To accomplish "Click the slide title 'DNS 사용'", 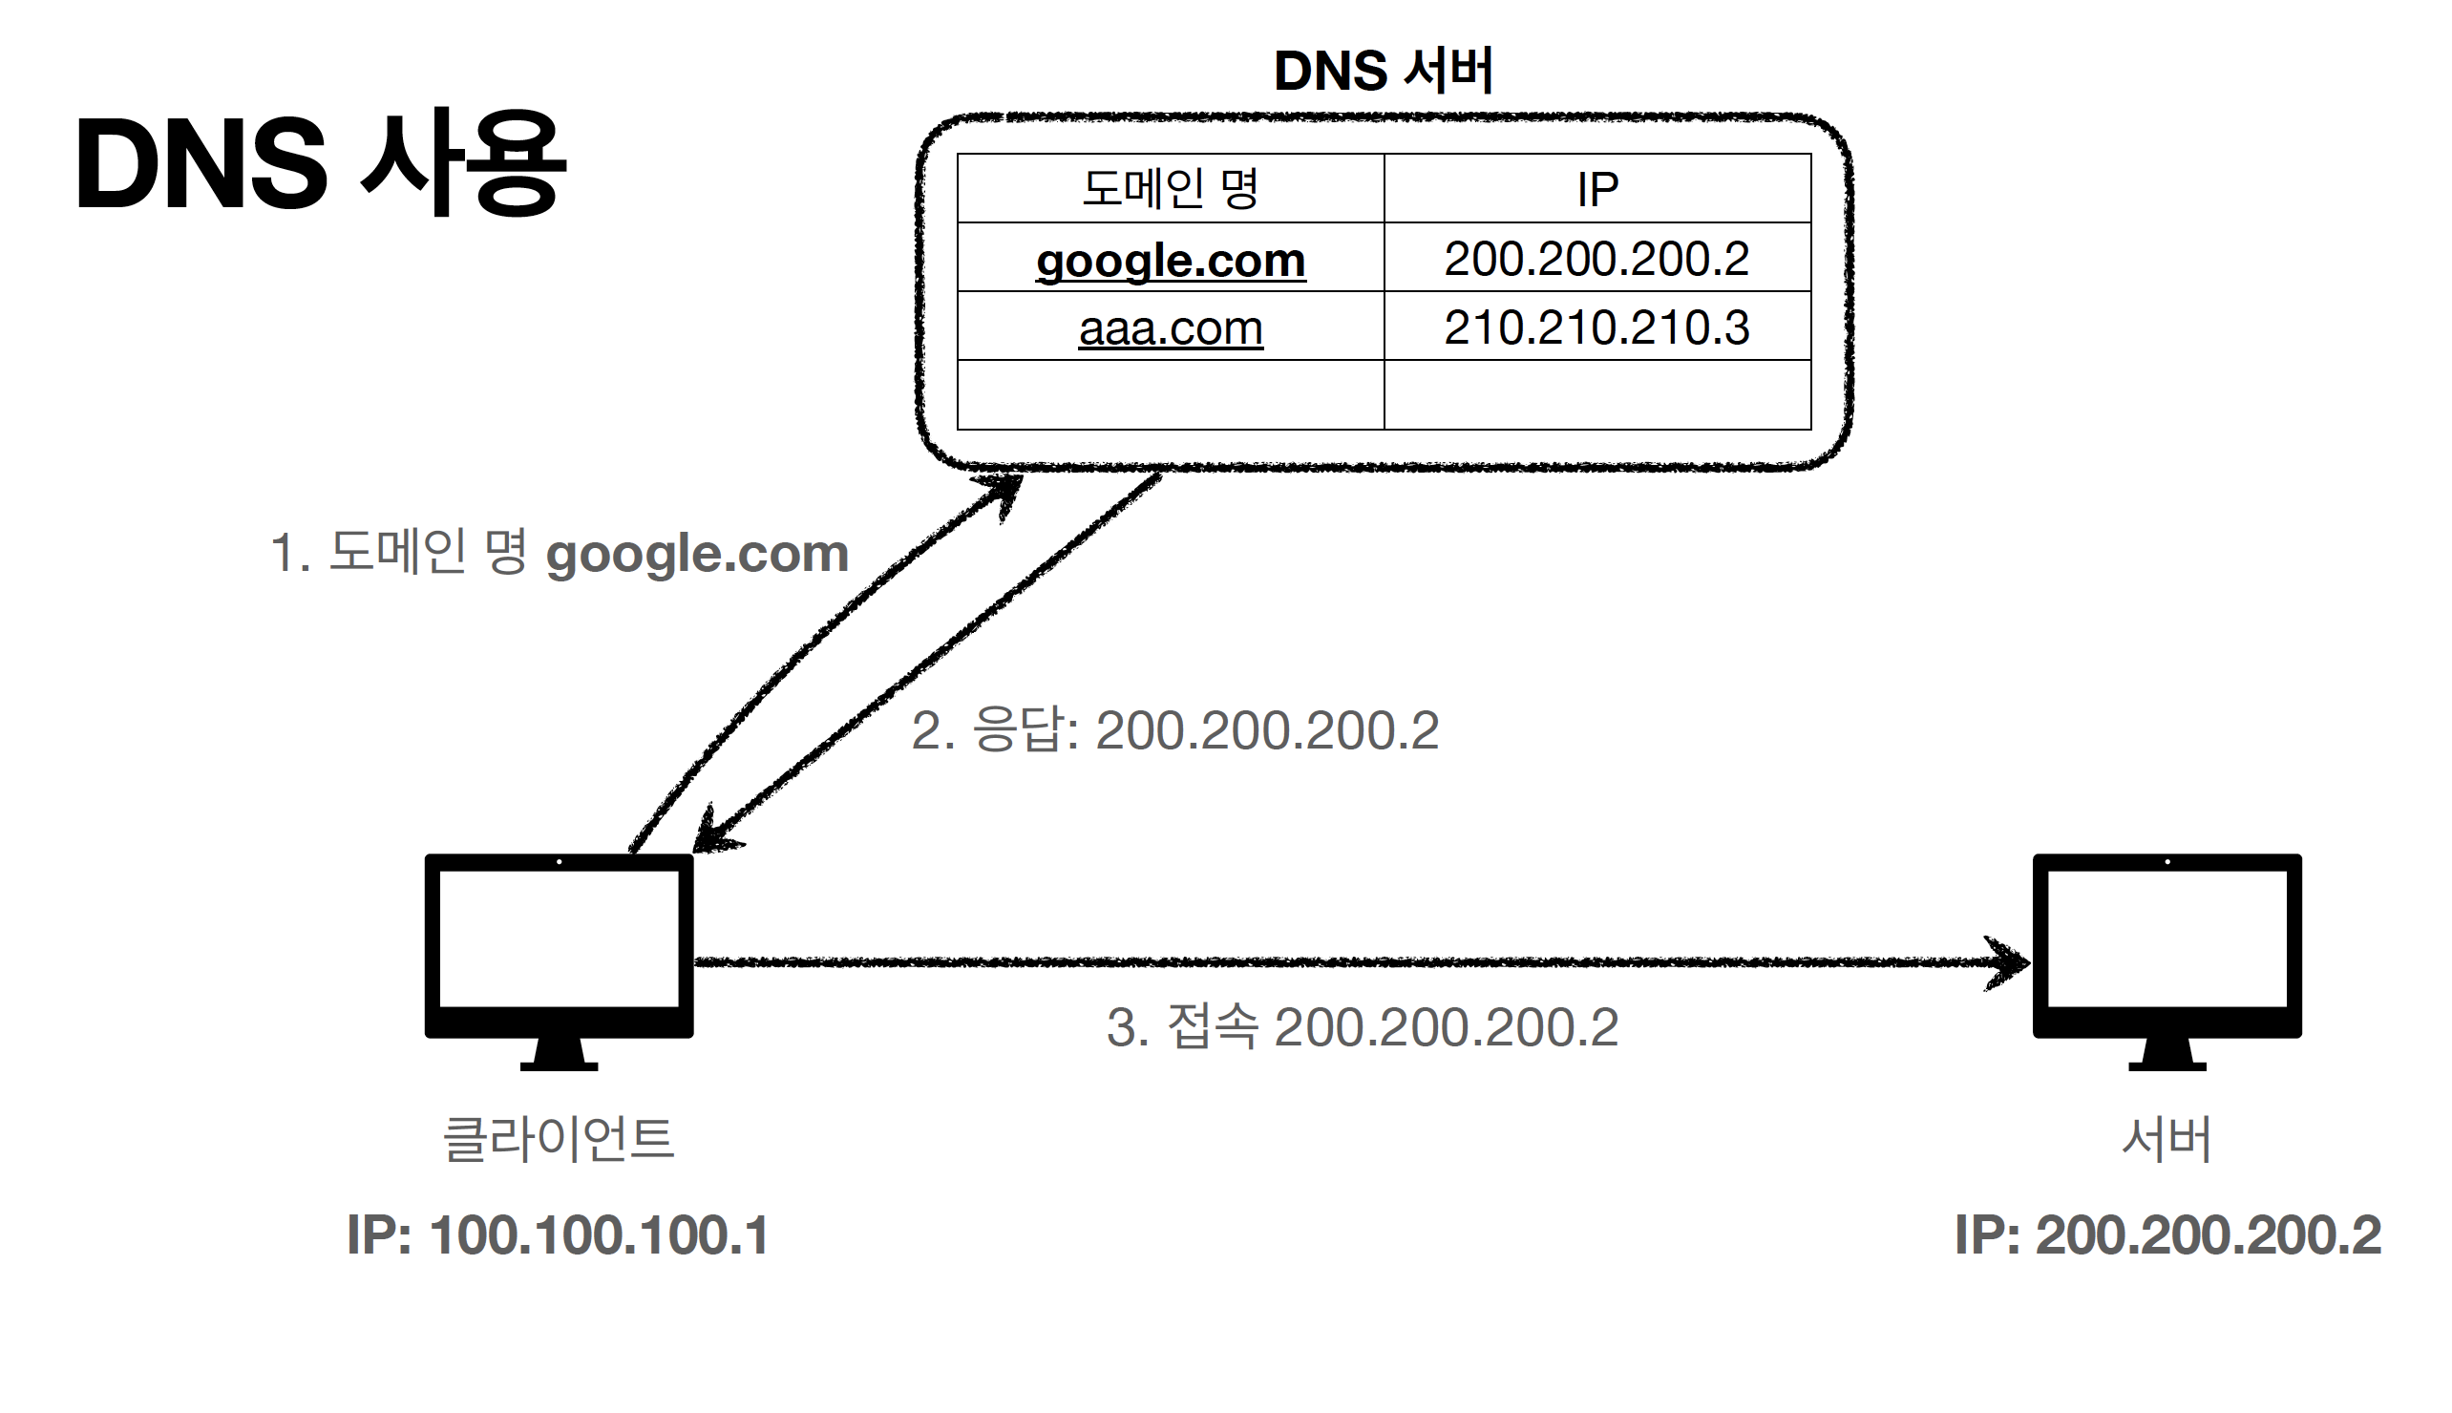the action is [320, 163].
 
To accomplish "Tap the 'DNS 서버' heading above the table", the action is [1383, 71].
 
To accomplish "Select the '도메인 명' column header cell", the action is [1170, 188].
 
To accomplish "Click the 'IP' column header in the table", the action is [1596, 189].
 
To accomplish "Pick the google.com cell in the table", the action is [1171, 259].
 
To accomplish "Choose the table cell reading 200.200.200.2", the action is [1596, 258].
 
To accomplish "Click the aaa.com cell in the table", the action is [1171, 328].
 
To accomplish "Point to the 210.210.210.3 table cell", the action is [1596, 327].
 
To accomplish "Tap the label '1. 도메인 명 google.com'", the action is [559, 553].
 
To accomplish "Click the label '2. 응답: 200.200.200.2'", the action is [1174, 729].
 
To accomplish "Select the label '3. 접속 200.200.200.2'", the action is [1362, 1026].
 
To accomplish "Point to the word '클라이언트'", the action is [558, 1138].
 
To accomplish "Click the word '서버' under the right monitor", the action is [2167, 1138].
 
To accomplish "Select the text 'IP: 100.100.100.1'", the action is [558, 1235].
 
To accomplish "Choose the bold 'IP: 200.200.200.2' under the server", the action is [2167, 1235].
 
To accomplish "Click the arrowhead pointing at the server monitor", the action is [2009, 962].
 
